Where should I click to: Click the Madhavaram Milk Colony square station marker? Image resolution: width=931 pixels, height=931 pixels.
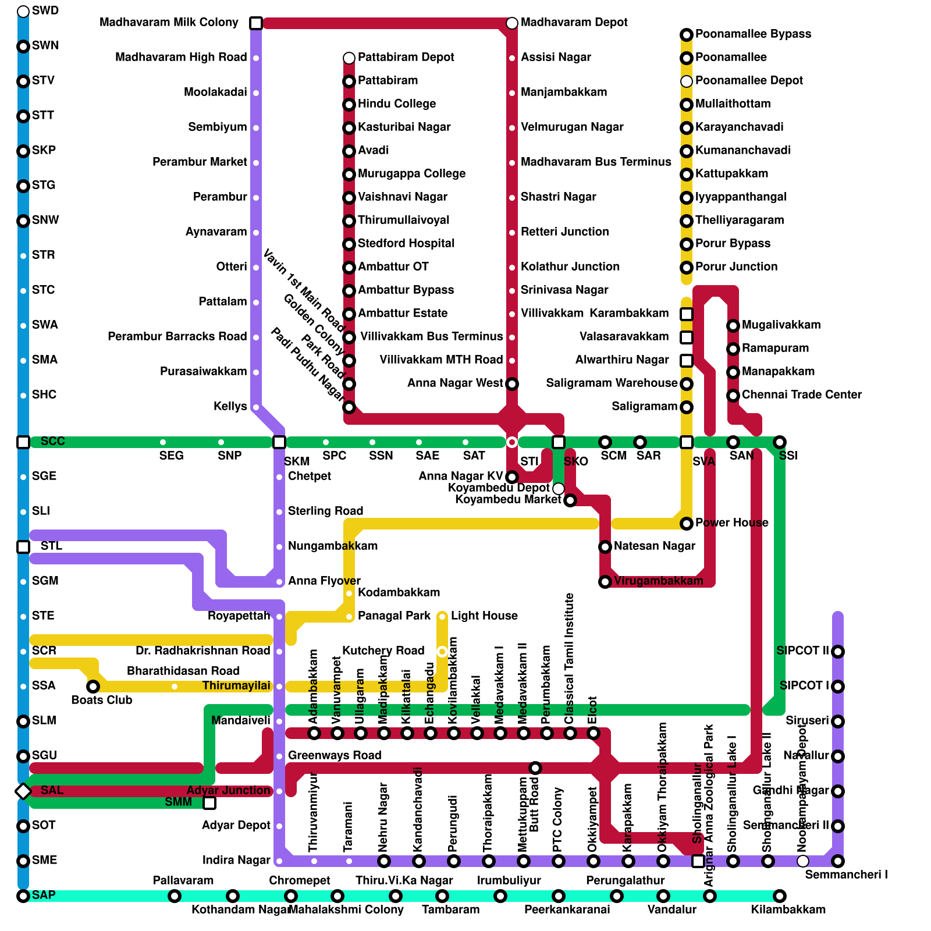pos(256,23)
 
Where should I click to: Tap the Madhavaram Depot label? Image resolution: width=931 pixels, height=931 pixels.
pos(574,23)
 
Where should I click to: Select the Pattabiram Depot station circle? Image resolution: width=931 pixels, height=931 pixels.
pos(349,58)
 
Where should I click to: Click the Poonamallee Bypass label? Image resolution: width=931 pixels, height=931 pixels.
pos(753,34)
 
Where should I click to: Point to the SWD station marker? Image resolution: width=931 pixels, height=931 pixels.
pos(23,12)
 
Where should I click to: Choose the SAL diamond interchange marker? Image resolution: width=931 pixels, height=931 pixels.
pos(23,791)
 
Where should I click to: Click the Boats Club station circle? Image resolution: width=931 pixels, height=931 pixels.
pos(93,687)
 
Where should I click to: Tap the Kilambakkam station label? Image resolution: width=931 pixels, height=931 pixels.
pos(788,909)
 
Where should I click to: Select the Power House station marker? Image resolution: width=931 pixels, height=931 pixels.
pos(687,524)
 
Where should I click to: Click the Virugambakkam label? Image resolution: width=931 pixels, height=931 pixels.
pos(658,581)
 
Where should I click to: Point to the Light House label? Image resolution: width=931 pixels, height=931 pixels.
pos(484,616)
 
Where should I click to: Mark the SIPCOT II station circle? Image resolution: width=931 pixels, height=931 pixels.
pos(838,652)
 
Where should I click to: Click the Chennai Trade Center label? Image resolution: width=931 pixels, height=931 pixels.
pos(801,395)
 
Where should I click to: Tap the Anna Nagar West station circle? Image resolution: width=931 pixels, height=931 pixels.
pos(512,384)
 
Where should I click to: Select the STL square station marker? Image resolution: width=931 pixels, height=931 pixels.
pos(23,547)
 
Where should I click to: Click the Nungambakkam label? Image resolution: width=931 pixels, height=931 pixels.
pos(333,546)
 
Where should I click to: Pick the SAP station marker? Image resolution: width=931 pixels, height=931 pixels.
pos(23,896)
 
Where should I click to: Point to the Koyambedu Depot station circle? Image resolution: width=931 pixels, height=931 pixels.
pos(559,488)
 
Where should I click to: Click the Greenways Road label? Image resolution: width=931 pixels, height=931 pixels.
pos(335,756)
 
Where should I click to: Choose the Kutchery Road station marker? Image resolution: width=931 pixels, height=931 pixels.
pos(442,652)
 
